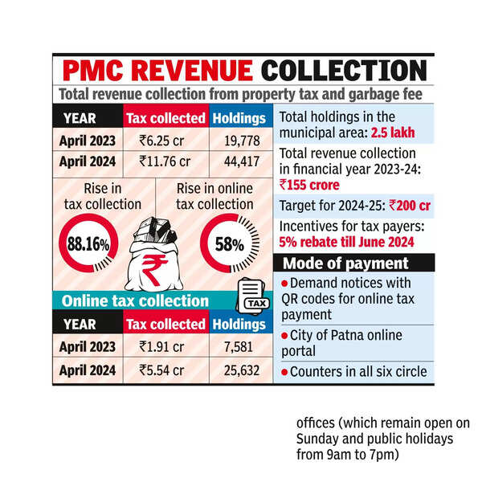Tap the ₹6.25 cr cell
pos(165,140)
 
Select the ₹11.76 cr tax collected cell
pos(165,160)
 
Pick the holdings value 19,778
pos(239,140)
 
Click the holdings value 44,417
pos(239,160)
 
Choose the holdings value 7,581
pos(239,347)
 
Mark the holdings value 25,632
pos(239,370)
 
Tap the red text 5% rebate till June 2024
pos(346,242)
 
